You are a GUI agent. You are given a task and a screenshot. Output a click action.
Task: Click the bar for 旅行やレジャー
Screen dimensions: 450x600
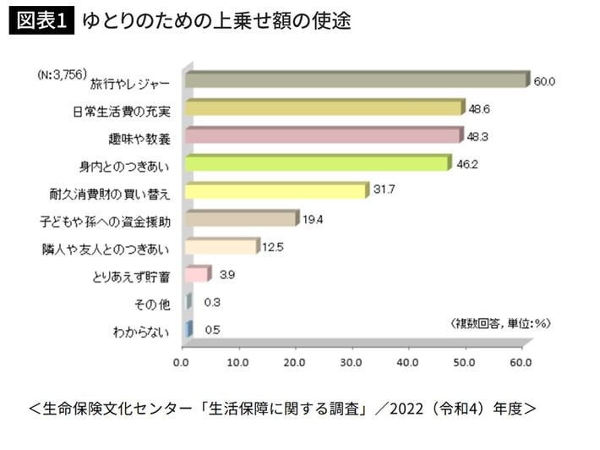pyautogui.click(x=355, y=80)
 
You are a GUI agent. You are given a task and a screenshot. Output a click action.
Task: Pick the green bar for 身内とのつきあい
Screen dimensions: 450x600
pyautogui.click(x=317, y=163)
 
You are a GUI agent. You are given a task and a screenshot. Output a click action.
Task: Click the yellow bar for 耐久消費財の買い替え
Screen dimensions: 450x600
pyautogui.click(x=275, y=191)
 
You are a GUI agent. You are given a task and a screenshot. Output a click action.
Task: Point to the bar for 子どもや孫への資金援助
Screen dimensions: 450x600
pyautogui.click(x=240, y=219)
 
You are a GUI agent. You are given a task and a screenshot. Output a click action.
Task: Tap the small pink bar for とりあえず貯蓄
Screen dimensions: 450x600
pyautogui.click(x=195, y=274)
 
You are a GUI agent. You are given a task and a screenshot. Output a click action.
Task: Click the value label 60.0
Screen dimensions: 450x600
pyautogui.click(x=543, y=82)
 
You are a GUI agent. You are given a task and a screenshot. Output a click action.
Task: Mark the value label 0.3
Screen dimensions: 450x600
pyautogui.click(x=212, y=303)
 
